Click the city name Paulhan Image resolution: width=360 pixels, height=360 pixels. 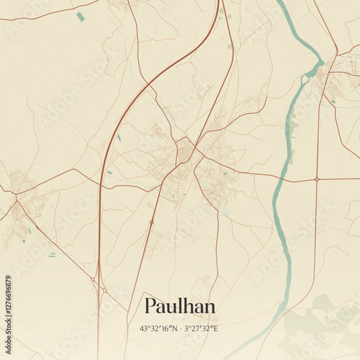(179, 306)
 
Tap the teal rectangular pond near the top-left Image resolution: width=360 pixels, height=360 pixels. (80, 16)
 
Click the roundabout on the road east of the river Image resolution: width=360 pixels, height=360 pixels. (317, 179)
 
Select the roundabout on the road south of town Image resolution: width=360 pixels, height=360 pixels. (151, 222)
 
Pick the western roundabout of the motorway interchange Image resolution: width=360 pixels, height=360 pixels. (94, 279)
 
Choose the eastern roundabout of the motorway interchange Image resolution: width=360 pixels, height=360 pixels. (104, 290)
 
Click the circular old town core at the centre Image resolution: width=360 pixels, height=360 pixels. (185, 152)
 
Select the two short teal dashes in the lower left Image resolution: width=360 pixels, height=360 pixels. (52, 254)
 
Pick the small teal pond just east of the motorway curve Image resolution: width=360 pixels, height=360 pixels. (119, 137)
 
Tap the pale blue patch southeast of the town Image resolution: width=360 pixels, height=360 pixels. (226, 211)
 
